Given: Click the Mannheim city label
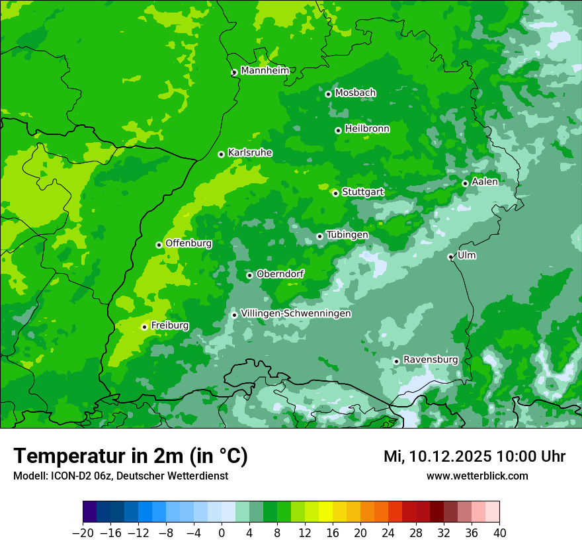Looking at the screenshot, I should coord(265,71).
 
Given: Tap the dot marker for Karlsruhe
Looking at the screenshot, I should coord(221,154).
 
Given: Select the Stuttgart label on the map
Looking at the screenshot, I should coord(362,192).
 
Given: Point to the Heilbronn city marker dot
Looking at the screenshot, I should coord(338,130).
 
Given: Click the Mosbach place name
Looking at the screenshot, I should coord(355,93).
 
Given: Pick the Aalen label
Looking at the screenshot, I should coord(485,182).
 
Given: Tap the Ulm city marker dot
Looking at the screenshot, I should coord(450,257).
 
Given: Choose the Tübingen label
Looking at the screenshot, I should coord(347,235).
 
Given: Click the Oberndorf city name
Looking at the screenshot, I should coord(280,274).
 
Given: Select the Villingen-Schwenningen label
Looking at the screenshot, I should coord(296,314).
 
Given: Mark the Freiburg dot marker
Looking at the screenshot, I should coord(144,327).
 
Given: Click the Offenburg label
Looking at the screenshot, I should coord(188,243).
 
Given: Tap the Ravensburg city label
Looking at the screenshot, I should coord(431,360).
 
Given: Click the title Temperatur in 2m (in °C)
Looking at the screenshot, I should coord(130,456).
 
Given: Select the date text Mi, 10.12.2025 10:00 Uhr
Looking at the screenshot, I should coord(474,456).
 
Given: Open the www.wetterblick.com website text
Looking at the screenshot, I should coord(477,476).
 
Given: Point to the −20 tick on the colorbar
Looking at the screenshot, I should coord(83,533).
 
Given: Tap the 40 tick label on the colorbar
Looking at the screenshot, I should coord(499,533).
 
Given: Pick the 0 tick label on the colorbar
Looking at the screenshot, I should coord(222,533).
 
